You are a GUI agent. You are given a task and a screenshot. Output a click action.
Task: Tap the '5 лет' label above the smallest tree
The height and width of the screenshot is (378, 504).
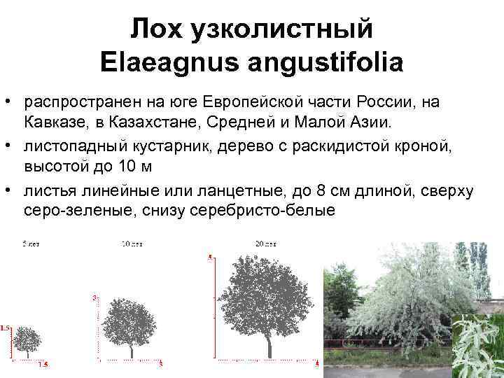pyautogui.click(x=31, y=244)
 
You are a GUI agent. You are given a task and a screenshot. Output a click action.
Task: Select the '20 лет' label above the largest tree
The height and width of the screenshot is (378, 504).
pyautogui.click(x=267, y=244)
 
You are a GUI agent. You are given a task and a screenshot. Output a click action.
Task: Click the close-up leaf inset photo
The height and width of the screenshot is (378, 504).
pyautogui.click(x=477, y=346)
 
